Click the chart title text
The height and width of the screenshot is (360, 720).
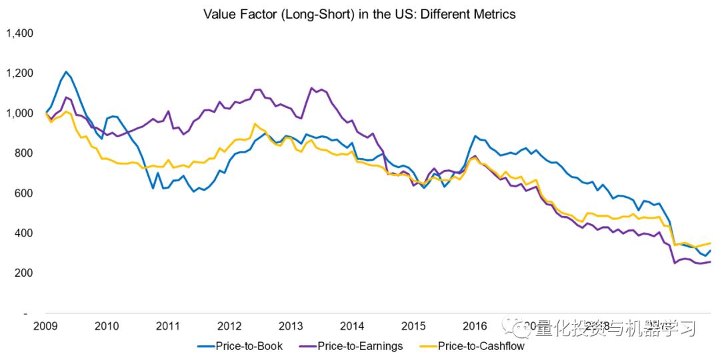[359, 13]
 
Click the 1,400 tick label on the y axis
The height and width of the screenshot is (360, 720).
[20, 33]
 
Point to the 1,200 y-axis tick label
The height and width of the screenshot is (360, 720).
[20, 73]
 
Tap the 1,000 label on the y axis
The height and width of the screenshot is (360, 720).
[20, 113]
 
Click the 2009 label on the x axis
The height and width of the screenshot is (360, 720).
[45, 326]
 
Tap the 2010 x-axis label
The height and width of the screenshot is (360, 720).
[107, 326]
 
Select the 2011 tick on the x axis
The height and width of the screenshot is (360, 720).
[168, 326]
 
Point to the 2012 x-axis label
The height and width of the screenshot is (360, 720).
[229, 326]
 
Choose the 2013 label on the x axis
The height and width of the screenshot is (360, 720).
[291, 326]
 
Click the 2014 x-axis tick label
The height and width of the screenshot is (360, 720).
[352, 326]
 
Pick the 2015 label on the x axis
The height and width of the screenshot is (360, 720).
[413, 326]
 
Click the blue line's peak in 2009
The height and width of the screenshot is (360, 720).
[65, 71]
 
